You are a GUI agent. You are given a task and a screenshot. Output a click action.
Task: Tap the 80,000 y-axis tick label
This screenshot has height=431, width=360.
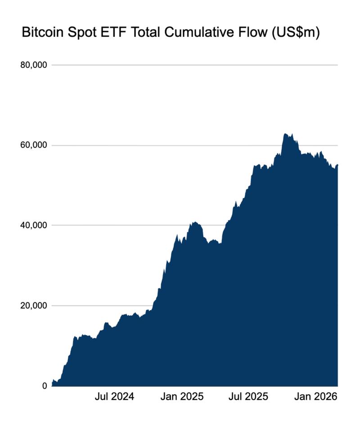point(34,65)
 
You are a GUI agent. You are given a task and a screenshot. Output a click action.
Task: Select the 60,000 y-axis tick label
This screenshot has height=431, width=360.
point(34,145)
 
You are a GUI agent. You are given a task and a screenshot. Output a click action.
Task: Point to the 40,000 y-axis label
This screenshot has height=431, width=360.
point(34,225)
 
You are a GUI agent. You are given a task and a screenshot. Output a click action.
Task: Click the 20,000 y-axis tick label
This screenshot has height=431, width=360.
point(34,305)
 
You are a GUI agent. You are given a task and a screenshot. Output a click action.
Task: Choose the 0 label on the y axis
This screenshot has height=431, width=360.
point(45,386)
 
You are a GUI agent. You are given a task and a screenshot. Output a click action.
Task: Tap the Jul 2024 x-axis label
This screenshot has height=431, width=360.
point(114,397)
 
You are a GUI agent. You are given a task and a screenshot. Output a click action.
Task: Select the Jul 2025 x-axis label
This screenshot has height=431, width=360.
point(248,397)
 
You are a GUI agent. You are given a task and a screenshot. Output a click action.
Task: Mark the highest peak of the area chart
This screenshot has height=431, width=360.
point(285,134)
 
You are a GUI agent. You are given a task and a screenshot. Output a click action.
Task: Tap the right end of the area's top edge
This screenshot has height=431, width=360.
point(337,165)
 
